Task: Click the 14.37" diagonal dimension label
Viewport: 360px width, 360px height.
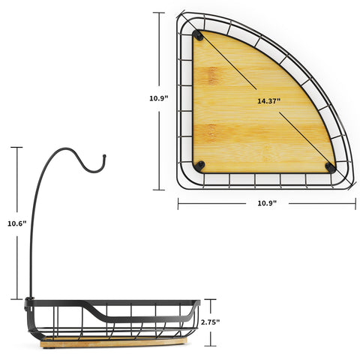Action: pos(269,101)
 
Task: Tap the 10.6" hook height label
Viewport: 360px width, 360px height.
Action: pos(16,223)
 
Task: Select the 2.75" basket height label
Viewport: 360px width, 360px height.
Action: pos(210,322)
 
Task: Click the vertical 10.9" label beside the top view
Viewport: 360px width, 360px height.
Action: pos(159,98)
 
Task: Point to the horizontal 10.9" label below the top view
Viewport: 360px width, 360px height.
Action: pos(267,203)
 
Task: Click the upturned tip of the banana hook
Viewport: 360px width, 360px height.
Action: pos(104,157)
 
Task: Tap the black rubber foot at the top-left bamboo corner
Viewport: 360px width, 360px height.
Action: pos(199,35)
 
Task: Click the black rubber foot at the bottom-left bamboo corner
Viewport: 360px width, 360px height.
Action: pos(199,166)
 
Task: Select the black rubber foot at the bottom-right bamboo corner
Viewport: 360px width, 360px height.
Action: pos(331,167)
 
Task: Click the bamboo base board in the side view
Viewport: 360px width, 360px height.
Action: pos(114,343)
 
